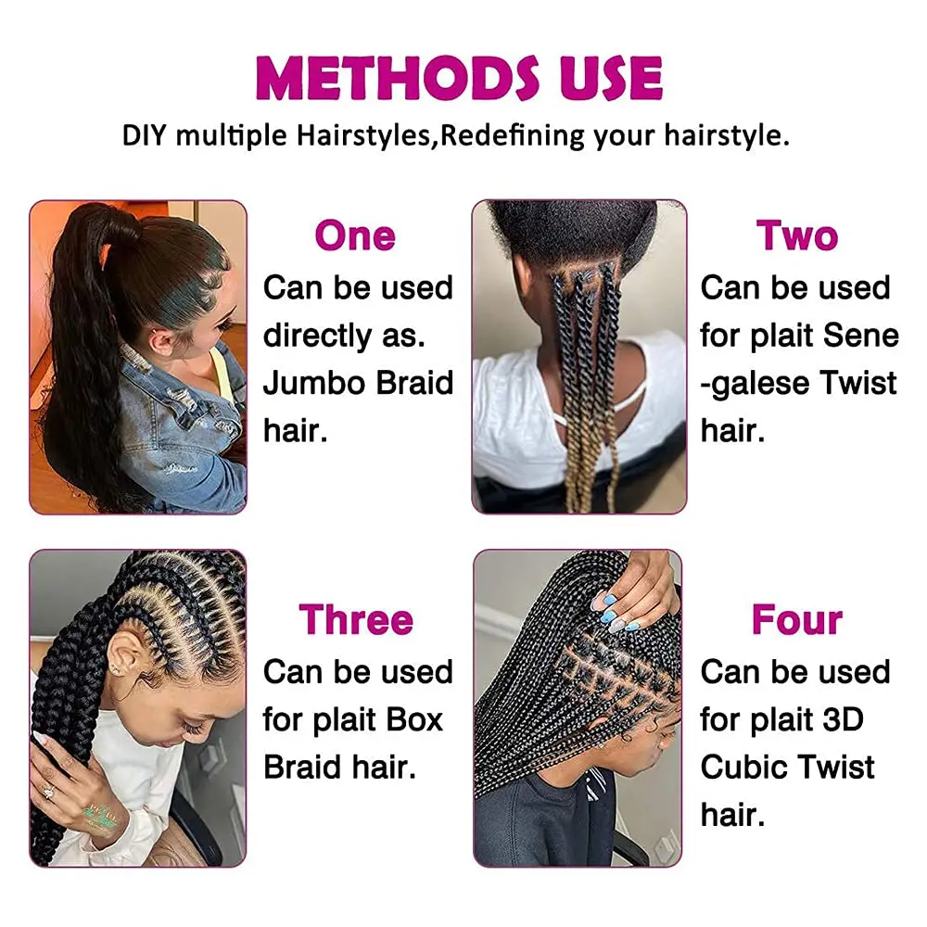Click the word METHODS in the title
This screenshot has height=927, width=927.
click(x=398, y=78)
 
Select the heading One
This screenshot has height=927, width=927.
click(x=355, y=235)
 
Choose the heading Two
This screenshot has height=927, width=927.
click(x=797, y=235)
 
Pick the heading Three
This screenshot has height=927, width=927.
click(x=356, y=619)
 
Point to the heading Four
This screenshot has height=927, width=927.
click(x=797, y=619)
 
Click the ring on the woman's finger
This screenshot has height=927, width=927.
click(x=49, y=791)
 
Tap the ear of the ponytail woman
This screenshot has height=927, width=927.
click(x=159, y=342)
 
